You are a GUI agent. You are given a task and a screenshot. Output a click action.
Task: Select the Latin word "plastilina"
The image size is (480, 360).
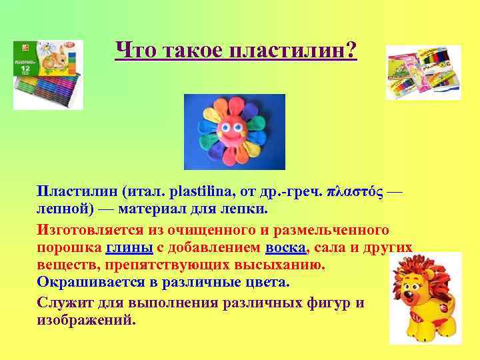pyautogui.click(x=199, y=192)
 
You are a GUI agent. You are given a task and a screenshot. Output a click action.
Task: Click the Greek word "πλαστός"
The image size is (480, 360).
pyautogui.click(x=354, y=192)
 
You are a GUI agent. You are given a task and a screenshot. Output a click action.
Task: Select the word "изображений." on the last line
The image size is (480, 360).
pyautogui.click(x=86, y=319)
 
